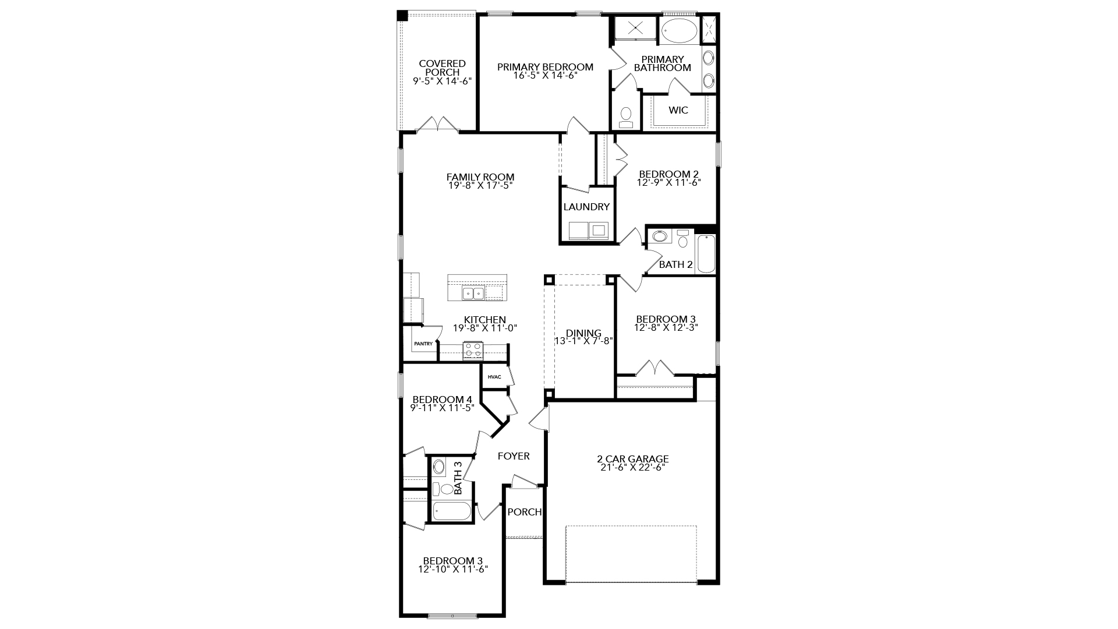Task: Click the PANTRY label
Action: (x=423, y=344)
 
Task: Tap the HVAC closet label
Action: (x=494, y=377)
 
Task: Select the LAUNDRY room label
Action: (x=586, y=207)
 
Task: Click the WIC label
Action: (x=678, y=110)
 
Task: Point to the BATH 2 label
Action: (x=676, y=264)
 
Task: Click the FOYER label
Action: (x=514, y=456)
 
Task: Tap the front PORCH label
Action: (x=524, y=512)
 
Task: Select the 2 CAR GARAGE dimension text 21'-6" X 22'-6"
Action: (x=632, y=467)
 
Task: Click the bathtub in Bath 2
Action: (x=706, y=254)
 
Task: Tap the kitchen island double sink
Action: (x=473, y=293)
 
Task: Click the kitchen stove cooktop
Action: (x=473, y=351)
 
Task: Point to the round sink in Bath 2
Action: (x=660, y=236)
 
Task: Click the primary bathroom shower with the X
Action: (x=635, y=27)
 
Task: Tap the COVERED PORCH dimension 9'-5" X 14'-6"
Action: (x=442, y=82)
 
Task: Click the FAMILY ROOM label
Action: (x=480, y=177)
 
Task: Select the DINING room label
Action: (x=583, y=333)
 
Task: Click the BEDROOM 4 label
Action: (x=442, y=400)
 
